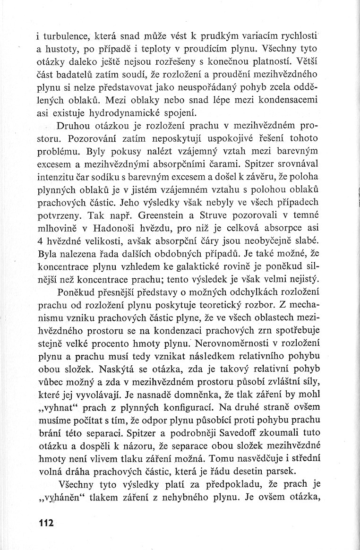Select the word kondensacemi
tap(293, 100)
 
